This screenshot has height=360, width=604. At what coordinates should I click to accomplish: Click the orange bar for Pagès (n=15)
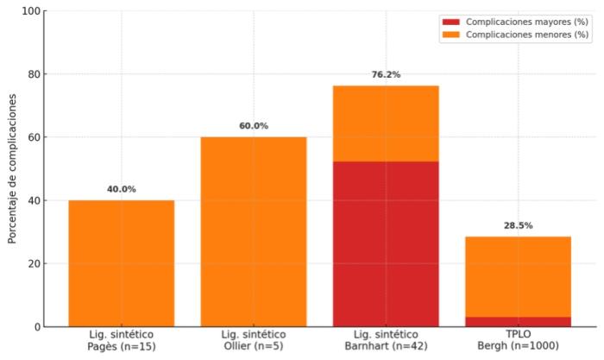tap(121, 263)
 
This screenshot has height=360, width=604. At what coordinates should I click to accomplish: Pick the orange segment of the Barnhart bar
tap(386, 123)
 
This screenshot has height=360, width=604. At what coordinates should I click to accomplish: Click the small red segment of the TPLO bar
tap(518, 322)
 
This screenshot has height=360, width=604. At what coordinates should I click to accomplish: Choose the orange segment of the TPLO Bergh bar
tap(518, 276)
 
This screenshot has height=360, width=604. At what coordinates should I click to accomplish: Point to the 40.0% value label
tap(122, 189)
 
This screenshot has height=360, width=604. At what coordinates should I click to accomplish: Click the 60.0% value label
tap(254, 126)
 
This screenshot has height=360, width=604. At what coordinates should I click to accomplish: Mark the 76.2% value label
tap(386, 75)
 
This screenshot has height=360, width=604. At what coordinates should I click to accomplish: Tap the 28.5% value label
tap(518, 225)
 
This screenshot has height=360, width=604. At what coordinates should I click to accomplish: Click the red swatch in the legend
tap(450, 22)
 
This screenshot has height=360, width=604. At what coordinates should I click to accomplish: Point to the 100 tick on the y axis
tap(31, 11)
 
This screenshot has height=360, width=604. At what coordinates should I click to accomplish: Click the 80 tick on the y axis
tap(34, 74)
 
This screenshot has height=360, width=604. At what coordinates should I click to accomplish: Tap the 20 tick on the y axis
tap(34, 264)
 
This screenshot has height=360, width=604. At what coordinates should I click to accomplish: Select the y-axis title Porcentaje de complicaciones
tap(12, 168)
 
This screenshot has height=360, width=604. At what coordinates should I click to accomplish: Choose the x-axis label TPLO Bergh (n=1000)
tap(518, 340)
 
